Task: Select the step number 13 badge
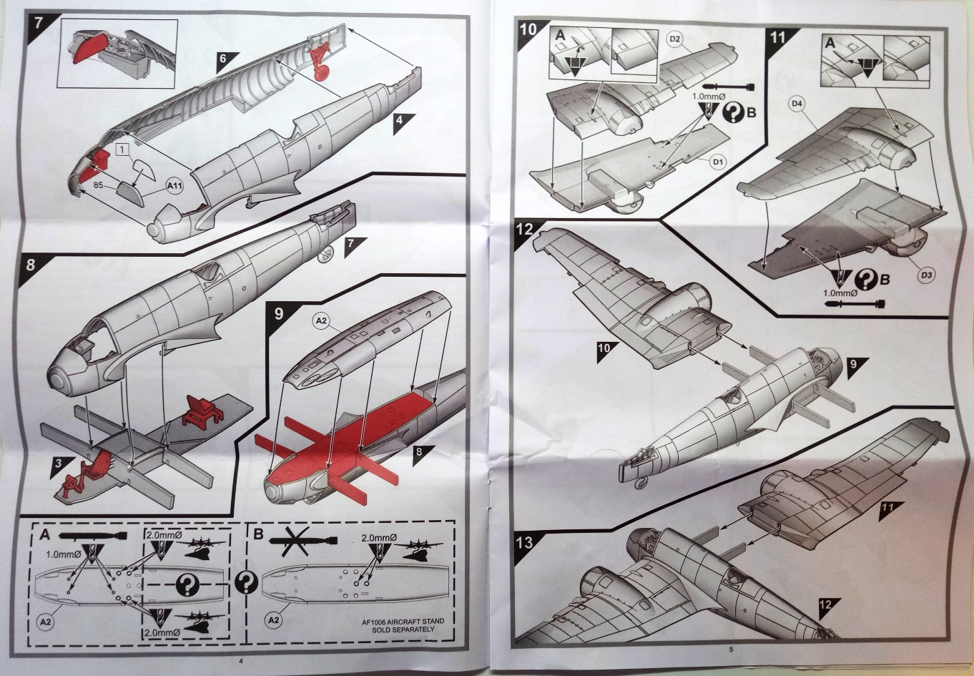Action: click(525, 541)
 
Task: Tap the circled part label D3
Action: click(926, 274)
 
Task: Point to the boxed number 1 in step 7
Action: click(123, 150)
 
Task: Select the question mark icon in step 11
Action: click(867, 278)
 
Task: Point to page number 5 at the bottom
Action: click(731, 650)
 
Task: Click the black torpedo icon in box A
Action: click(94, 535)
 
